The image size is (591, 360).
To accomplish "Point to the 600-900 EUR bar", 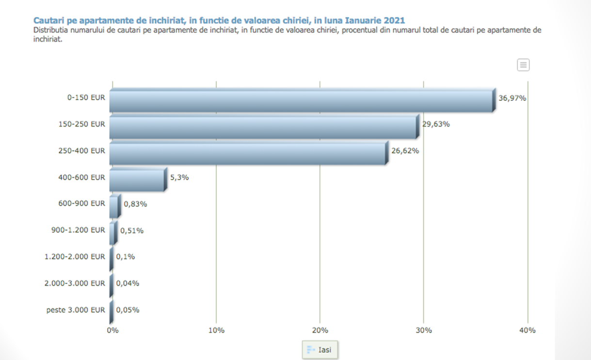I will (x=114, y=207).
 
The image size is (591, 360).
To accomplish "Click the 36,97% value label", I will (x=512, y=98).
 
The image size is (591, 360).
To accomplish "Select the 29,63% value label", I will (x=436, y=124).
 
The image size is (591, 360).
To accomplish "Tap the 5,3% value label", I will (x=179, y=177).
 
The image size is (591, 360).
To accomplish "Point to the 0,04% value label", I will (x=128, y=283).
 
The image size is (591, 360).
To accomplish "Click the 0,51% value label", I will (x=132, y=230).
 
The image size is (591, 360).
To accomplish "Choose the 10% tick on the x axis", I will (x=216, y=330).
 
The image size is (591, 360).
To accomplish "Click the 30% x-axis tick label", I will (x=424, y=330).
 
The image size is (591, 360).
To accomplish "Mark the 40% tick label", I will (x=527, y=330).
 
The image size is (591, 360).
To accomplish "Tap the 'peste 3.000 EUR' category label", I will (x=76, y=310).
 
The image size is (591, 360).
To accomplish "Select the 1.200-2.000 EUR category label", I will (x=75, y=257).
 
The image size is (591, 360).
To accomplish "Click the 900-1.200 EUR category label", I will (x=78, y=230).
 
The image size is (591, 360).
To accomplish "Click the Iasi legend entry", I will (x=319, y=349).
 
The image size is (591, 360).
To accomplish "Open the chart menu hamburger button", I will (x=523, y=65).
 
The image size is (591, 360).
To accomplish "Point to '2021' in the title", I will (x=394, y=20).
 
